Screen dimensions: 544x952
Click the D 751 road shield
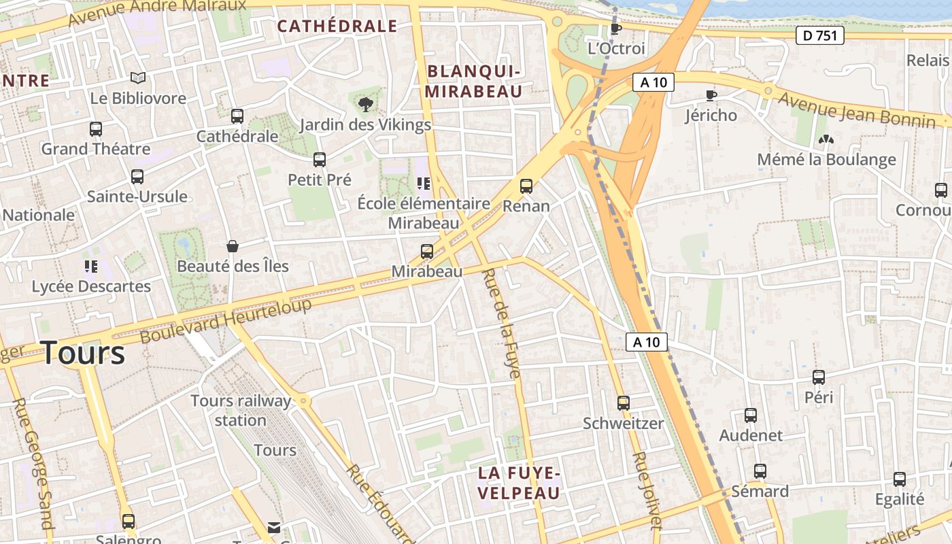point(819,35)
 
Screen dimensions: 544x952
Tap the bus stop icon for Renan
point(526,186)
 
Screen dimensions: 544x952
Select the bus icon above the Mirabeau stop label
point(427,252)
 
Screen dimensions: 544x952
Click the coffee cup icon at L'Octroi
point(615,29)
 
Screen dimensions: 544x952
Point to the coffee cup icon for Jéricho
point(711,95)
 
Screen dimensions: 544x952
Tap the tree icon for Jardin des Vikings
point(366,104)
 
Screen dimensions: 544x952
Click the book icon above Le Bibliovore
point(138,78)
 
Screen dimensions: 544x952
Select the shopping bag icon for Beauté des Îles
point(233,245)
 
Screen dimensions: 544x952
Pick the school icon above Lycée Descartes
point(90,266)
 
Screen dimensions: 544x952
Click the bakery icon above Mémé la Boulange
point(826,139)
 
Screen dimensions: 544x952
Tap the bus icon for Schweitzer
point(624,403)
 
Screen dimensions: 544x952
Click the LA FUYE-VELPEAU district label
point(518,483)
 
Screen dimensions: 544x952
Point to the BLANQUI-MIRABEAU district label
point(474,82)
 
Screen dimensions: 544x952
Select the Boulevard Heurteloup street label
point(226,320)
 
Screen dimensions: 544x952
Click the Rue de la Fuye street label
point(501,323)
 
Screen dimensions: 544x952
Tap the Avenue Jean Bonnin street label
point(857,110)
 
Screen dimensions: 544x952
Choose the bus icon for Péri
point(819,377)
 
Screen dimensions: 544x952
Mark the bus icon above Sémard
point(760,471)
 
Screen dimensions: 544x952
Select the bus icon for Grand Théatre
point(96,129)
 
